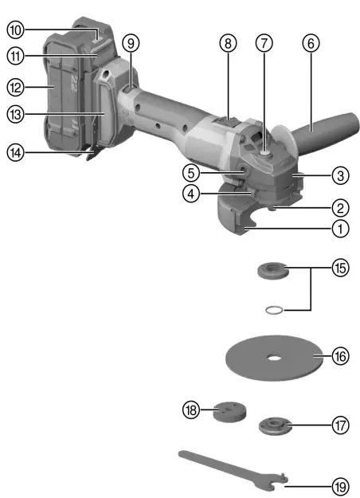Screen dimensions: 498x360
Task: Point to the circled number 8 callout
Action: [x=229, y=67]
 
